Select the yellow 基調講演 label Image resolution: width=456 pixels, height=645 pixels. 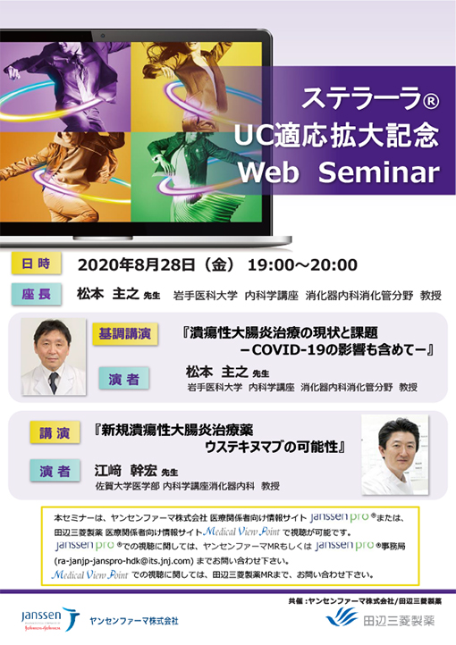pyautogui.click(x=125, y=333)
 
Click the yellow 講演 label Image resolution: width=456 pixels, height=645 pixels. pyautogui.click(x=53, y=430)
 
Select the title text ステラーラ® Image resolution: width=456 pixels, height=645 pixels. pyautogui.click(x=358, y=96)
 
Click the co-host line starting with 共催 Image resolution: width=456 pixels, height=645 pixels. pyautogui.click(x=367, y=599)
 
